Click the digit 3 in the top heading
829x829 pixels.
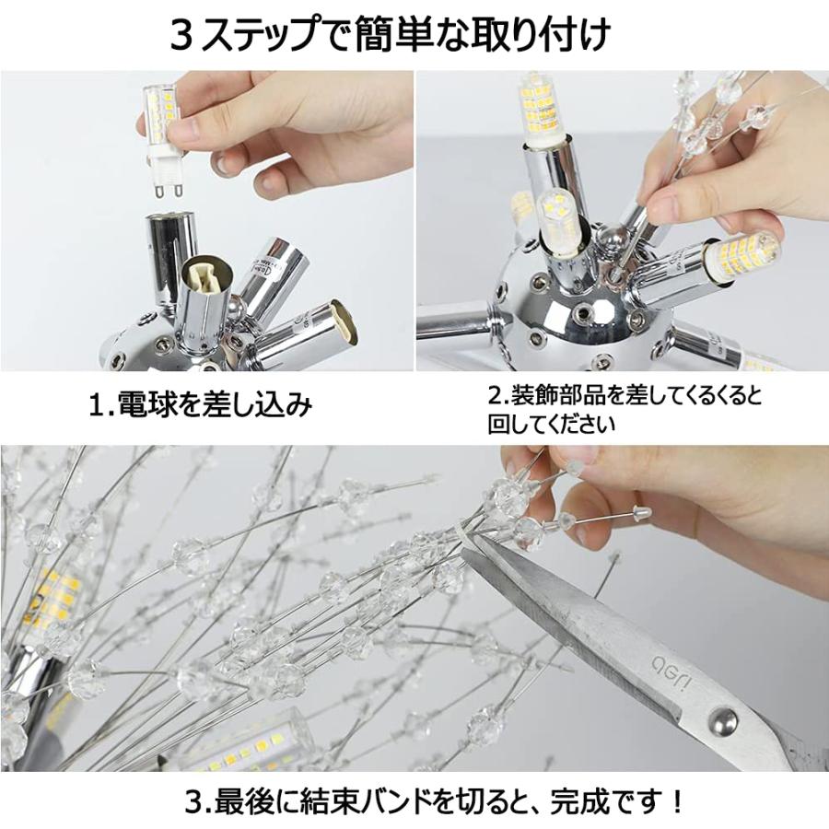(181, 36)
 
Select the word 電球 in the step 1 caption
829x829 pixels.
(137, 404)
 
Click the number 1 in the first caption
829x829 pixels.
(95, 405)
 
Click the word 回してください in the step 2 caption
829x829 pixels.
(551, 424)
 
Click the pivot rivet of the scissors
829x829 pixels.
(721, 720)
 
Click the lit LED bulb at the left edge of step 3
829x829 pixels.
(52, 608)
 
